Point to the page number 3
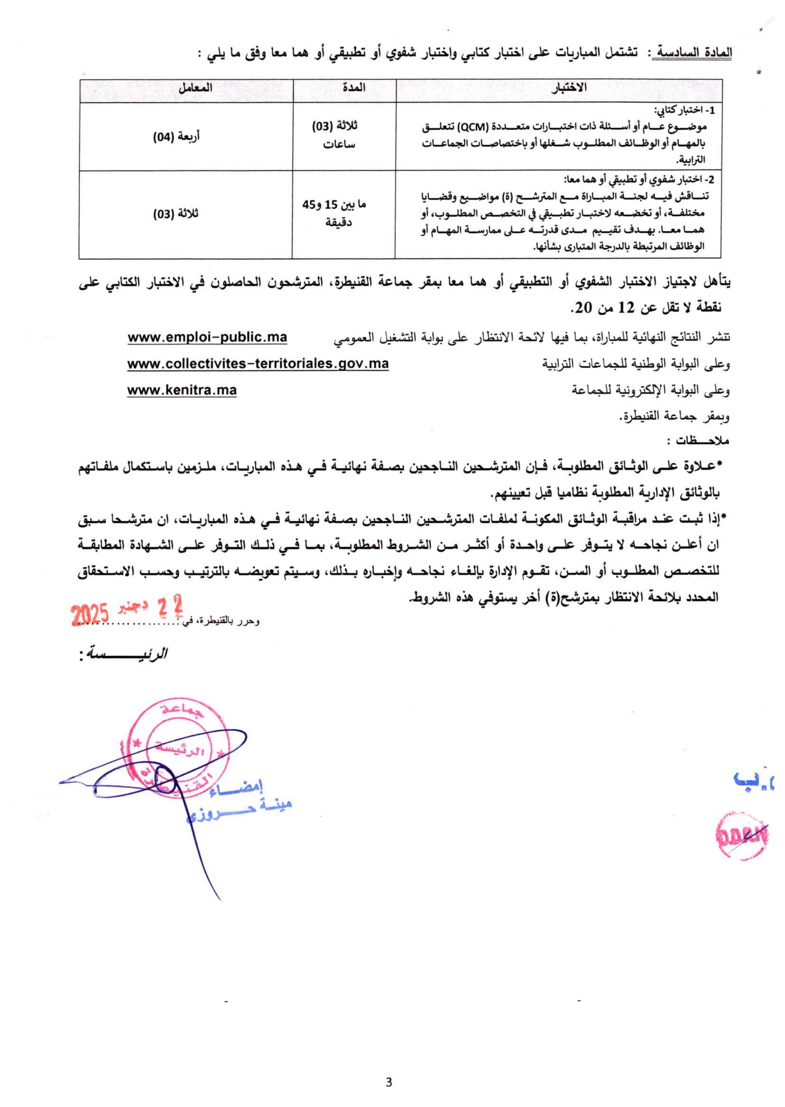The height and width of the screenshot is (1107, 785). click(389, 1082)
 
